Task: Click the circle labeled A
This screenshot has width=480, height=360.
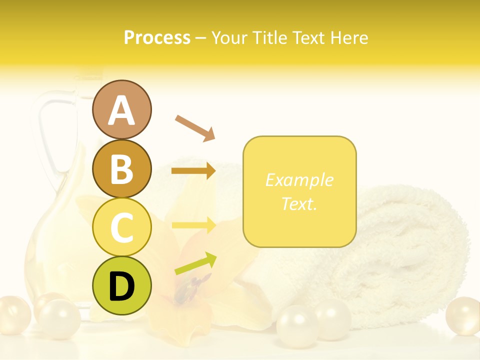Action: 121,110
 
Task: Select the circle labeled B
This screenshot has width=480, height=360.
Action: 121,169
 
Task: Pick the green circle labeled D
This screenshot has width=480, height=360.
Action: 121,285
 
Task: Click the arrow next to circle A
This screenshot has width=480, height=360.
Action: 195,127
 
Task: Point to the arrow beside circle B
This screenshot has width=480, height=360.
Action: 193,171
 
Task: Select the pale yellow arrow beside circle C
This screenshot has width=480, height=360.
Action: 193,225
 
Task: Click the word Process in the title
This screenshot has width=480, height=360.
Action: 157,38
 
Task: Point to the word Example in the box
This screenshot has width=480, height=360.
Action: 299,180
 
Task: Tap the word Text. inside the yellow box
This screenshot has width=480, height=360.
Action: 299,203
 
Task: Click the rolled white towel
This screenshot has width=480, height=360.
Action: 400,250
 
